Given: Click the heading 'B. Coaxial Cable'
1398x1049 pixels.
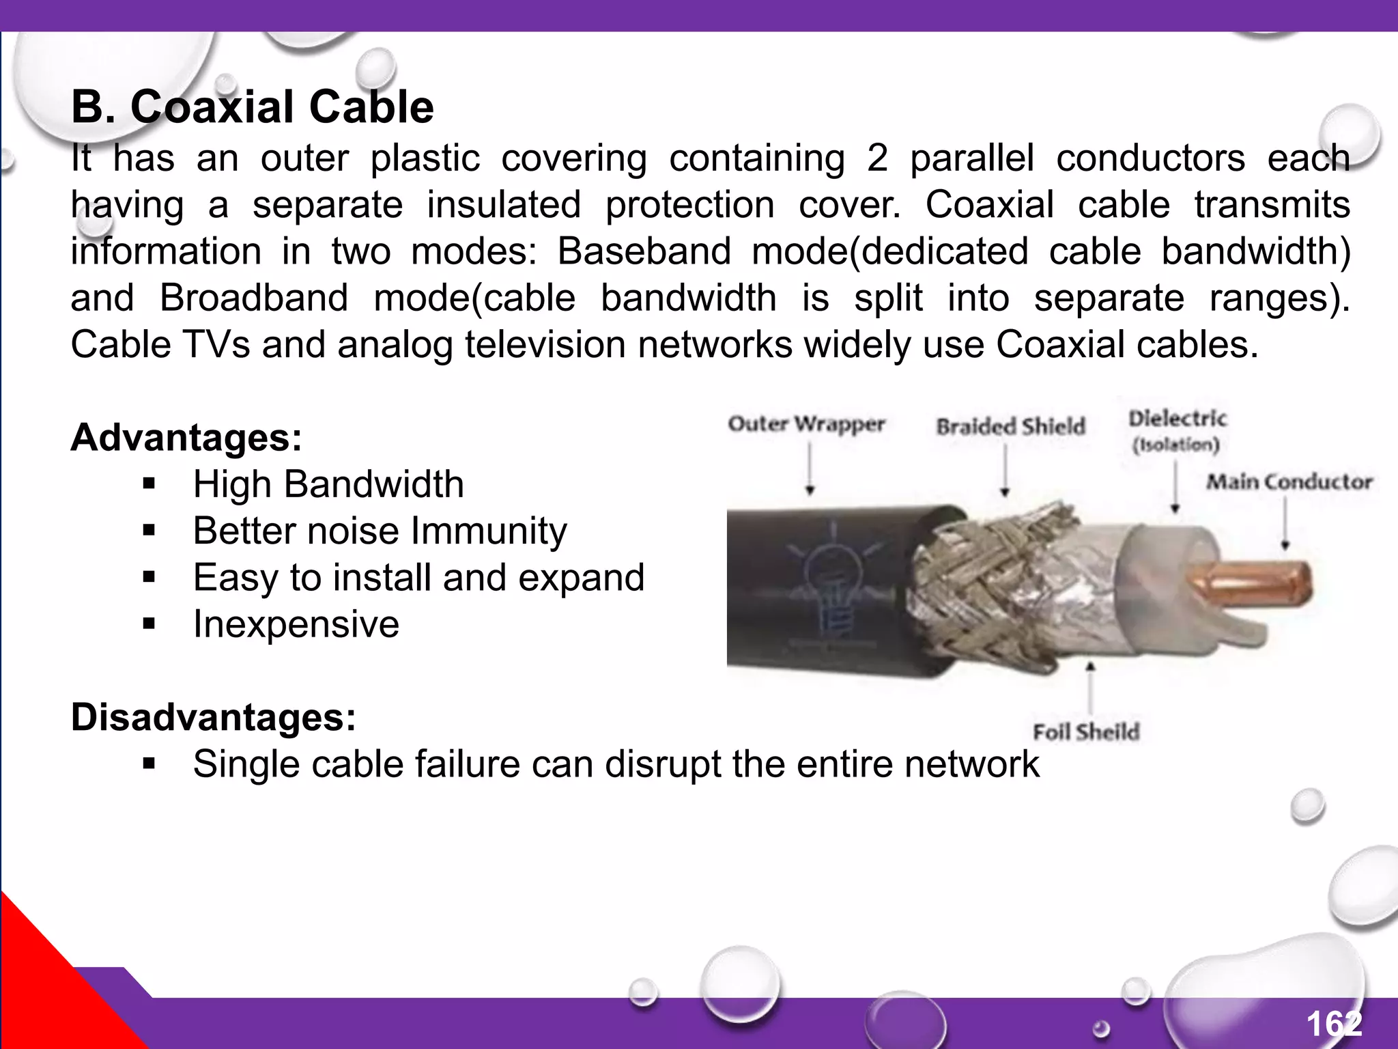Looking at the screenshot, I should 252,107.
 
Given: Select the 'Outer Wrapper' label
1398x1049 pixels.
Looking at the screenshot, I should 806,424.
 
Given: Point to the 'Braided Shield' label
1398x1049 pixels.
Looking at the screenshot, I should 1010,427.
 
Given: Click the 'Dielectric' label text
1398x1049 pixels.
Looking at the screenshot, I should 1177,419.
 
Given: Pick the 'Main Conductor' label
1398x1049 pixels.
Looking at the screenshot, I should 1289,482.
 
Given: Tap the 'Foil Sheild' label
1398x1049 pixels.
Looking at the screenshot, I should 1086,732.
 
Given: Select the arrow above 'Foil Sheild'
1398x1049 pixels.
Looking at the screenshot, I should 1090,687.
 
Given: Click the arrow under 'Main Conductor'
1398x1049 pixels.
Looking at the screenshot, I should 1285,522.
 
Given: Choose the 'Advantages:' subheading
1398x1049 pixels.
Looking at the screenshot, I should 186,438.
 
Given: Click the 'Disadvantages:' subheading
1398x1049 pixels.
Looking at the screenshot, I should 214,718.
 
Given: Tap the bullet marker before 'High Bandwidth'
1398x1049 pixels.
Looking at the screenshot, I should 149,485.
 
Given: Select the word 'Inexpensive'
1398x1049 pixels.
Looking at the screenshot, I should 296,624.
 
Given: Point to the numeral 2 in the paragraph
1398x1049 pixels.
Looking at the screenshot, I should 877,158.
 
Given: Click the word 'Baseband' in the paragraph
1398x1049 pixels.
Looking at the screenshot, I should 644,251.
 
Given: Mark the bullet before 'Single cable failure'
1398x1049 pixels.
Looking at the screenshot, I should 149,764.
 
